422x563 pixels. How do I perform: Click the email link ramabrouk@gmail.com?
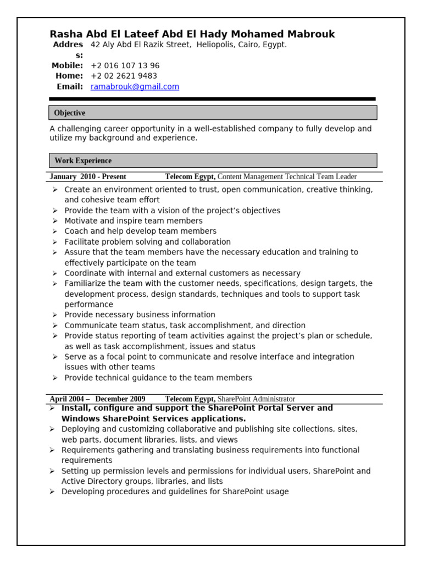click(x=135, y=87)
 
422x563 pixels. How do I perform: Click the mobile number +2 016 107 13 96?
click(x=125, y=65)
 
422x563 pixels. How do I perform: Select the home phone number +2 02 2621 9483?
click(x=124, y=76)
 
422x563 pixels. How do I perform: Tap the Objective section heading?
click(x=70, y=113)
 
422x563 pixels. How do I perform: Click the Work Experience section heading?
click(x=83, y=161)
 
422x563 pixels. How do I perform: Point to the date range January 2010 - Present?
click(x=88, y=177)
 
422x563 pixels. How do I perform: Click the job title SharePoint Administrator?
click(x=256, y=399)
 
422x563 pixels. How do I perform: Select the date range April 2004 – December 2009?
click(x=97, y=399)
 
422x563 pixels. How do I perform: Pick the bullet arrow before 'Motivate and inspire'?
click(x=55, y=221)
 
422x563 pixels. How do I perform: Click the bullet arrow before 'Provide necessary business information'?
click(x=55, y=315)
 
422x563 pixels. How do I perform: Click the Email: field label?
click(x=70, y=87)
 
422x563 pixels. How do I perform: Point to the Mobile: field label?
click(x=67, y=65)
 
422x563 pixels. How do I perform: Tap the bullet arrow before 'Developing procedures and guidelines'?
click(x=52, y=492)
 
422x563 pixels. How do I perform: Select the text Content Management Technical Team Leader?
click(x=287, y=177)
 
